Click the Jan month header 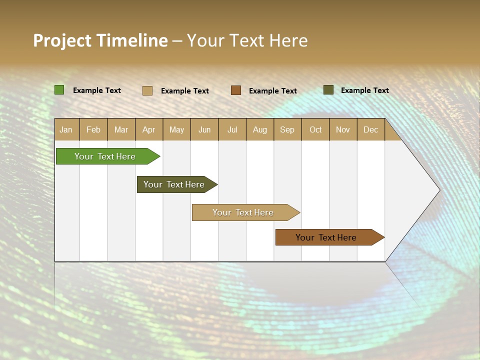66,129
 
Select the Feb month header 93,129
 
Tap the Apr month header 149,129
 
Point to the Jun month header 204,129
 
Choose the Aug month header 260,129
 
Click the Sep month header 287,129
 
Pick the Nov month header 343,129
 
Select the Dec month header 370,129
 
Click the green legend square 59,90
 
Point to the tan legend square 147,90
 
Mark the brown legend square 236,90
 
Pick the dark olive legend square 328,90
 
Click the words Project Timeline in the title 100,40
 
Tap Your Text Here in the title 247,40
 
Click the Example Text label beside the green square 97,90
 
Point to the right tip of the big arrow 438,190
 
